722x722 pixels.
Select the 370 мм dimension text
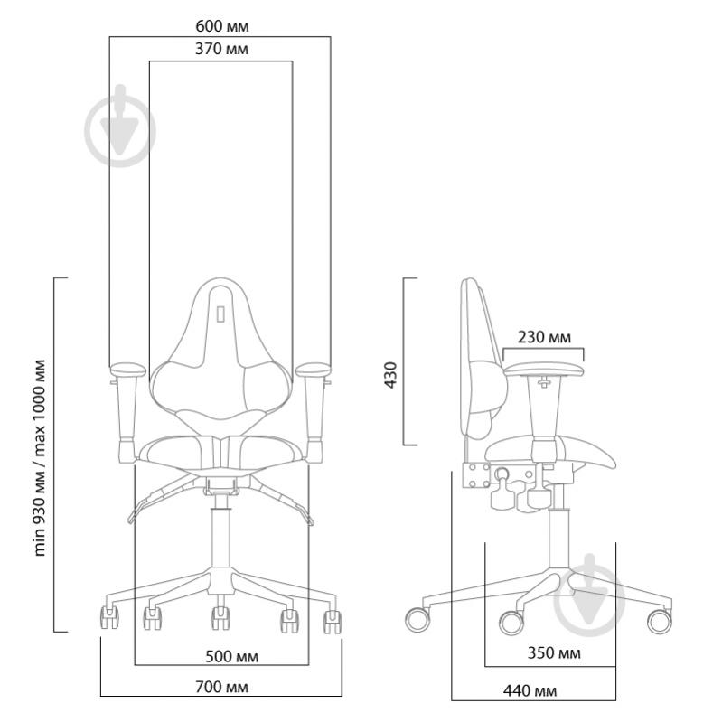tap(220, 49)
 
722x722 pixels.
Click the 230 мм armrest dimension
tap(544, 337)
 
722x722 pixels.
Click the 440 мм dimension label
tap(530, 691)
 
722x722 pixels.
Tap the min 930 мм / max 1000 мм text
tap(40, 457)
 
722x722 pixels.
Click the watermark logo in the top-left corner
tap(119, 130)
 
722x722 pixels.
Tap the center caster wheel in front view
tap(220, 619)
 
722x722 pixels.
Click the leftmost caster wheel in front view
tap(108, 618)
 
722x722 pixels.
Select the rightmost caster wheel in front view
tap(333, 620)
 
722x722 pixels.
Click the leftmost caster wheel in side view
tap(418, 620)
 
